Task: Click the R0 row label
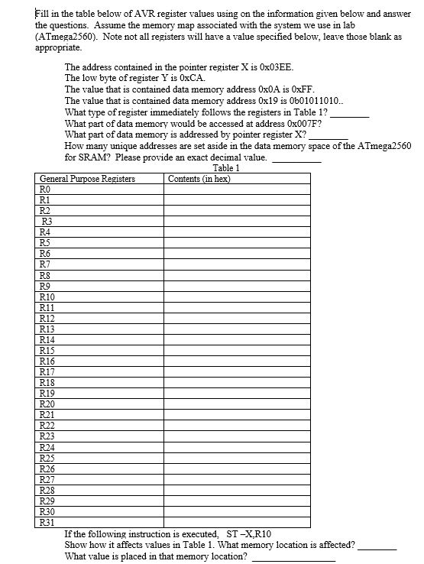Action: point(44,189)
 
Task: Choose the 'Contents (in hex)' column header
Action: point(199,179)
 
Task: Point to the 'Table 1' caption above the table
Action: point(227,168)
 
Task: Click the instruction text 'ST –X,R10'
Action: point(249,533)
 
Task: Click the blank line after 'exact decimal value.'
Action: point(296,160)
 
